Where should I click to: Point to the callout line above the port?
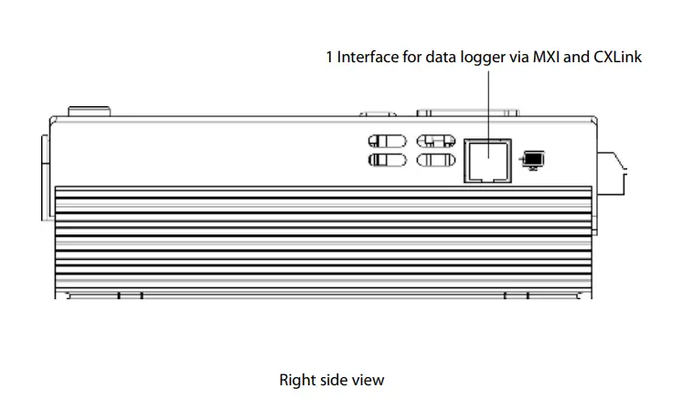(487, 101)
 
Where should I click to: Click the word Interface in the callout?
(368, 57)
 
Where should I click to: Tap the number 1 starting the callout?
(329, 57)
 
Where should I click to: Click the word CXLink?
(618, 57)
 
